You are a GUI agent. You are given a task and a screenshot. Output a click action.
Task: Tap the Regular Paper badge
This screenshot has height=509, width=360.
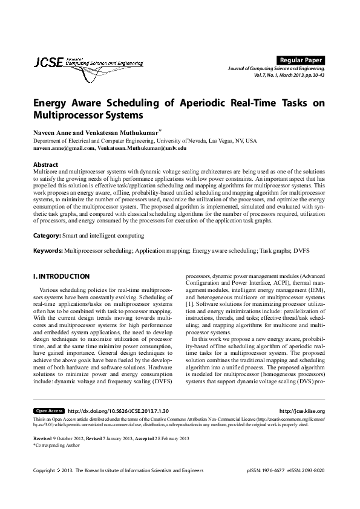(x=300, y=60)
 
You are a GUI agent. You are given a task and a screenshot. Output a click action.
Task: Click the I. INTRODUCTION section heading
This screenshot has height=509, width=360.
(x=61, y=276)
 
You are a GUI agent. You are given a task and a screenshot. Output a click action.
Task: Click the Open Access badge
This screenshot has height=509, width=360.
(x=49, y=410)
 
